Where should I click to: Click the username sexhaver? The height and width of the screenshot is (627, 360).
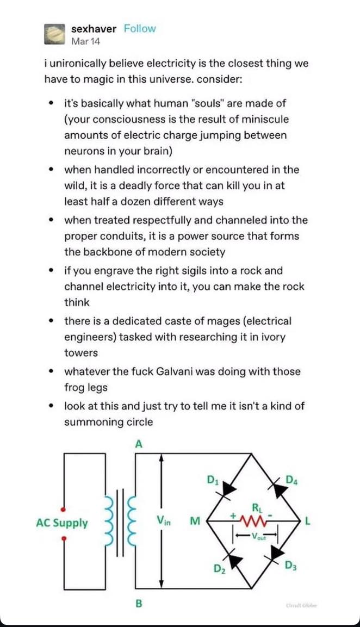(94, 29)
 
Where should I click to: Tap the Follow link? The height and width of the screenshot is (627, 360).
(140, 29)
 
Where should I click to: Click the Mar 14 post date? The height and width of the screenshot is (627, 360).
(85, 41)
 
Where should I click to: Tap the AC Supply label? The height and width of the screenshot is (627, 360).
(62, 523)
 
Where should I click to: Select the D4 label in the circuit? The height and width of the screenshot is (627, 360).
(292, 480)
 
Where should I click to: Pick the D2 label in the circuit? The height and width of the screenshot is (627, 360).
(219, 569)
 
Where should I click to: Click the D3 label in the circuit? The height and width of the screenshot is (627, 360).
(290, 566)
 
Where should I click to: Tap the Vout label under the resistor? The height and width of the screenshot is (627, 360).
(256, 536)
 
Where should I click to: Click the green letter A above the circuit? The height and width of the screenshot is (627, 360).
(139, 444)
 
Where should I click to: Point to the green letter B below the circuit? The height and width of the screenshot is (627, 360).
(139, 603)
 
